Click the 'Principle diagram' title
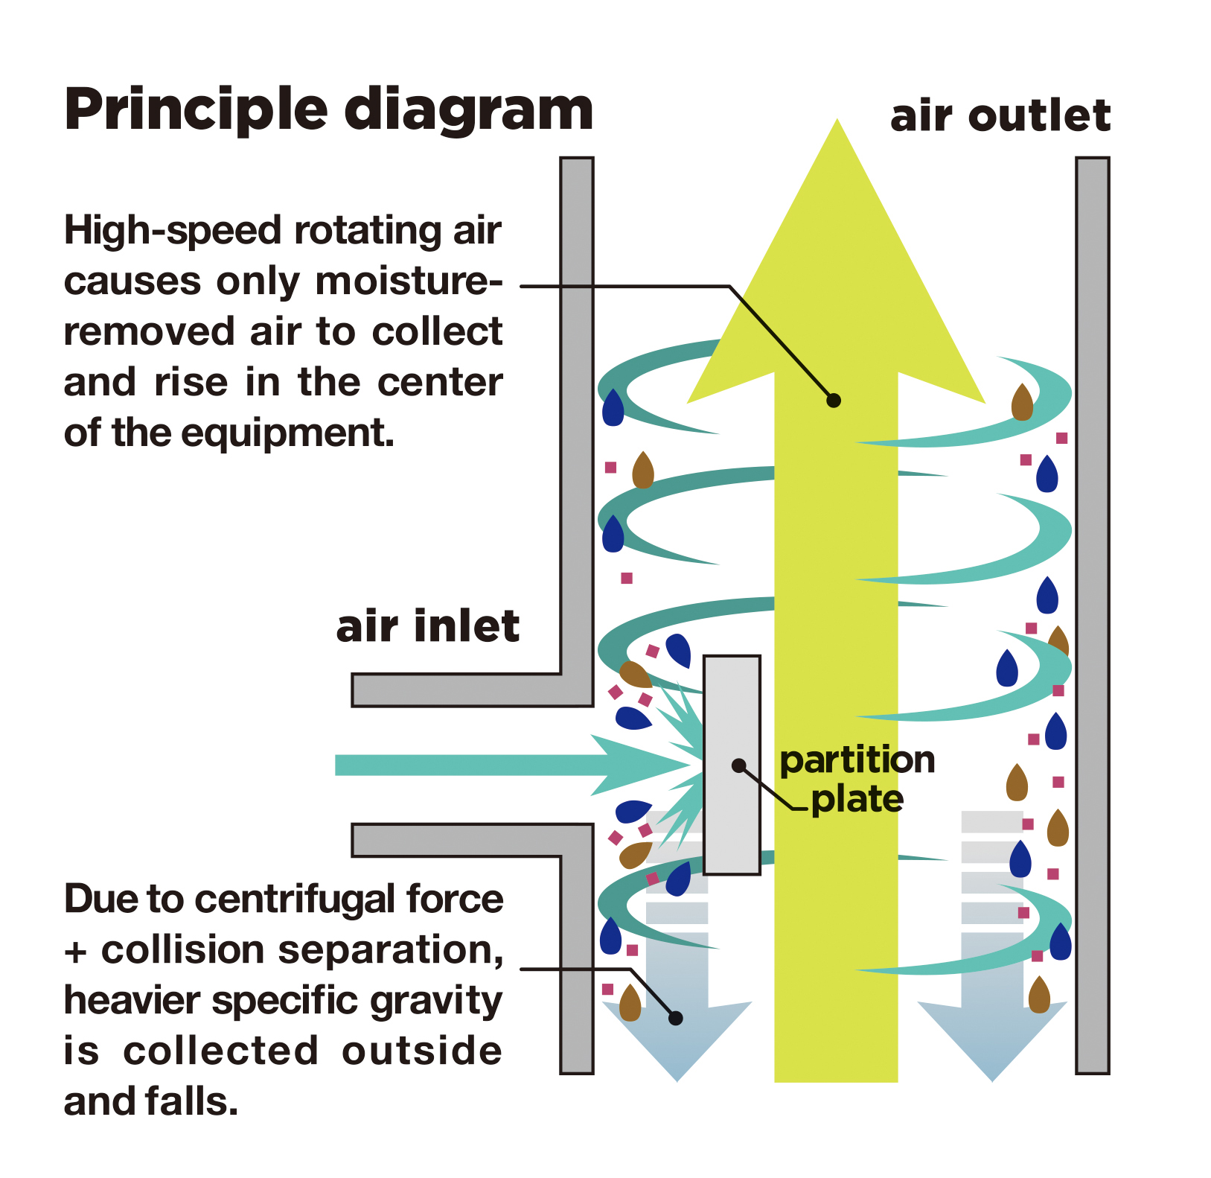328,109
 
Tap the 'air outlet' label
1000,116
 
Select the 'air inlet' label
427,626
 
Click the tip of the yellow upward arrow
837,127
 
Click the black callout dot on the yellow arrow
834,401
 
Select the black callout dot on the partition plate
738,765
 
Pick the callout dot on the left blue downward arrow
675,1018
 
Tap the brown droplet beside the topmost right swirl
1022,404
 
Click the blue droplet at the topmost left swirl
613,408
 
